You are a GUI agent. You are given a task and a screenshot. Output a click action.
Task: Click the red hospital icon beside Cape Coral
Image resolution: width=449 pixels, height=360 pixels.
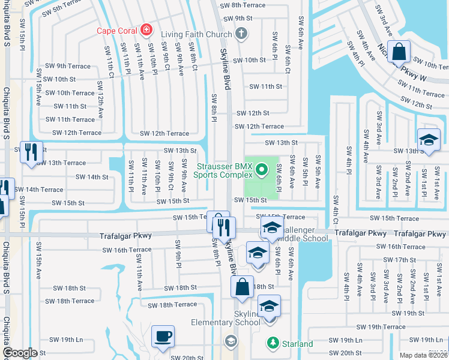point(145,29)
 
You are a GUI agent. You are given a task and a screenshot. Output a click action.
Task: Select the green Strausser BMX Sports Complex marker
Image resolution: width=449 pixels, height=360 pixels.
point(261,171)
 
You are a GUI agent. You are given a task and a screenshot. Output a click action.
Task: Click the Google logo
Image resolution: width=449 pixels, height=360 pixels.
point(20,353)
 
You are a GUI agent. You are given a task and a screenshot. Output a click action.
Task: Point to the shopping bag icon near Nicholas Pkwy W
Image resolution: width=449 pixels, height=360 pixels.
point(399,52)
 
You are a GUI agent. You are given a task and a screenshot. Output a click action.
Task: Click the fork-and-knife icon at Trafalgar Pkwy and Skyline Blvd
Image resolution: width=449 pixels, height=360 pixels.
point(224,227)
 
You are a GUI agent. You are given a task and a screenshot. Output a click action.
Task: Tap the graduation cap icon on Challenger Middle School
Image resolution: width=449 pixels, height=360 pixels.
point(272,229)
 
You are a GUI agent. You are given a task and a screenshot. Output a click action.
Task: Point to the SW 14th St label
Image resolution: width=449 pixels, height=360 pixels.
point(91,177)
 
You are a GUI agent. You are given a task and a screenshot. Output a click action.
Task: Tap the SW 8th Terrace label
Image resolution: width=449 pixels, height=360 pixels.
point(243,5)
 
